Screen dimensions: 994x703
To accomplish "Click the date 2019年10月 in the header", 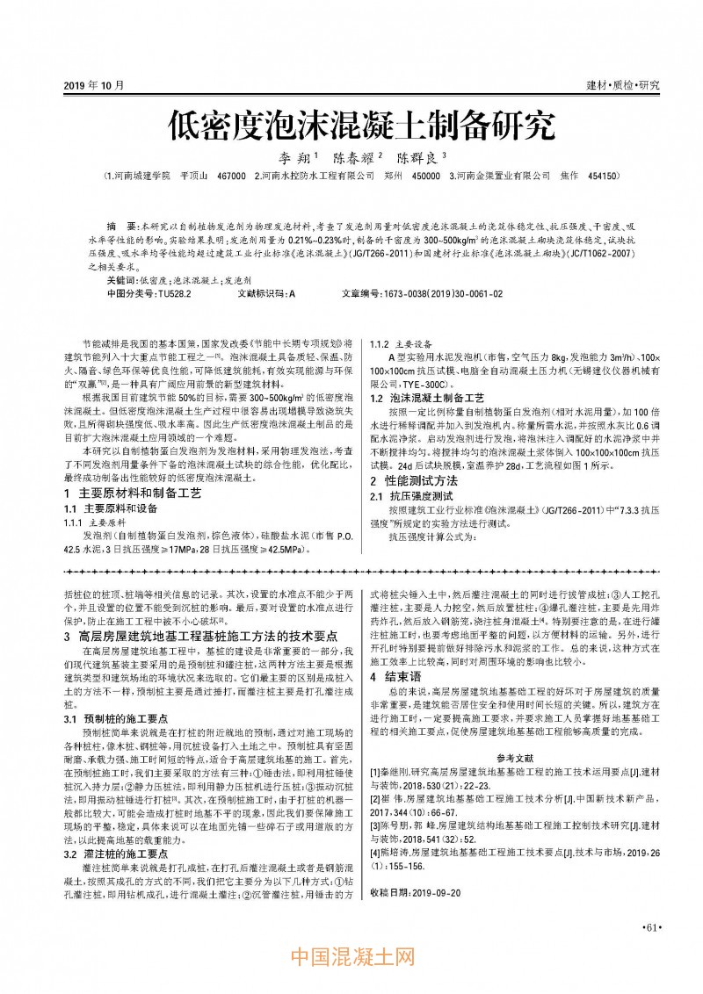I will [94, 85].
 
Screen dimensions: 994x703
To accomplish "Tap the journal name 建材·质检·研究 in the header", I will [622, 85].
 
